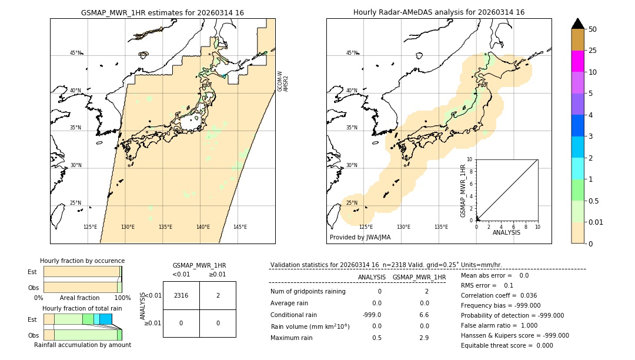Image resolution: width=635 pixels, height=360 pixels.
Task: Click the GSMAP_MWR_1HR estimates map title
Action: [162, 12]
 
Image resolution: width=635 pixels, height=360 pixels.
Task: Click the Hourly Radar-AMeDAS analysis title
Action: [439, 12]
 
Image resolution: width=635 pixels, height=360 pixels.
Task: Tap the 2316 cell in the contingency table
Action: [181, 295]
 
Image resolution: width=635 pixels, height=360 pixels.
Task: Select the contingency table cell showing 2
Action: [218, 295]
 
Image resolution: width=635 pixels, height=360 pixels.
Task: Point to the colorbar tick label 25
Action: [593, 51]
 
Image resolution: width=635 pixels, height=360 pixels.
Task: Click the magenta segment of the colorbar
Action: [577, 61]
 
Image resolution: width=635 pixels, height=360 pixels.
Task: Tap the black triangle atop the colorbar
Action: [577, 24]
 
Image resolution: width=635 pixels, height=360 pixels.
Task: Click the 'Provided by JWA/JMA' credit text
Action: [360, 237]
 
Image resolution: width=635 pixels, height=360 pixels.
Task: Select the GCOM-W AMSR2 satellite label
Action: [283, 82]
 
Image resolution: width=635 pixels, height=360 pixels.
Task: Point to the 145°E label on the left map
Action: [240, 227]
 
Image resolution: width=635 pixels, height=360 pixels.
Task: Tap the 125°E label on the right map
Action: [366, 227]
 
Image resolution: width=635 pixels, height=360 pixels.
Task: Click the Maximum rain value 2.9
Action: [423, 338]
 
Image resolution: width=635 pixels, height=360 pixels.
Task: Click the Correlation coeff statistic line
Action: [499, 295]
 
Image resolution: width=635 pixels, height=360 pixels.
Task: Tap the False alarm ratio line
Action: [498, 325]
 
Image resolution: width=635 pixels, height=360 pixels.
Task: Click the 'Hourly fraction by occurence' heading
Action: [82, 261]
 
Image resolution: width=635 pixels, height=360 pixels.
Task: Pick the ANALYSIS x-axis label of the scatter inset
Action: [507, 232]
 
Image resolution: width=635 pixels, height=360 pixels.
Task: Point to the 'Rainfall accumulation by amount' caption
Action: [82, 345]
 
